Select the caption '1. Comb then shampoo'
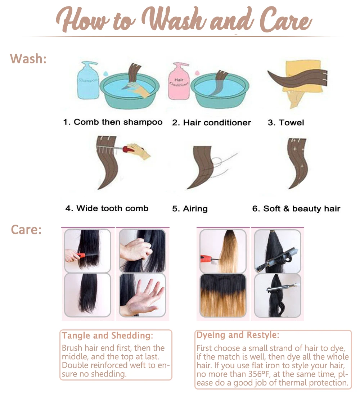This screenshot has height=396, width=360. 113,122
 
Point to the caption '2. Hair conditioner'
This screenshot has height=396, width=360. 211,122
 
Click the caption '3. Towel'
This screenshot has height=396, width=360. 286,122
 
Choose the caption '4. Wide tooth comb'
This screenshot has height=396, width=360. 107,208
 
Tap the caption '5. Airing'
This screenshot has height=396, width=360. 190,208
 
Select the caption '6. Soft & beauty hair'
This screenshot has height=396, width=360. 296,208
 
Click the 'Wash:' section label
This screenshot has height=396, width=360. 28,59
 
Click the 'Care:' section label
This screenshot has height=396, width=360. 26,230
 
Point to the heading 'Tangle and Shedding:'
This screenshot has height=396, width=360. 107,336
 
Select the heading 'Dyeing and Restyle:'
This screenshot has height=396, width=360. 238,335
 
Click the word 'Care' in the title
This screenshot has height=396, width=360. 286,20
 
